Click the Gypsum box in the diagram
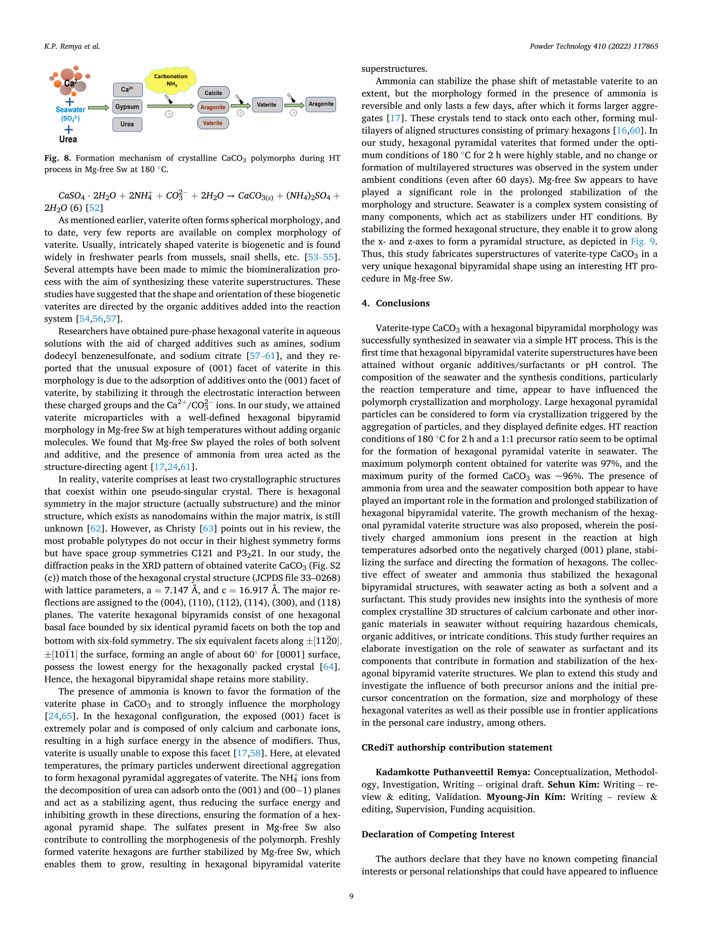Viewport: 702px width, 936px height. pos(127,107)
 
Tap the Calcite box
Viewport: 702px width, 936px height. pos(213,93)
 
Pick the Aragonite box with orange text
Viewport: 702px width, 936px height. pos(213,107)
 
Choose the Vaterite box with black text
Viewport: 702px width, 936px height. pos(267,105)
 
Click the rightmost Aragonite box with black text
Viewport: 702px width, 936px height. pos(321,104)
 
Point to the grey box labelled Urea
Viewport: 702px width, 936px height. pos(127,124)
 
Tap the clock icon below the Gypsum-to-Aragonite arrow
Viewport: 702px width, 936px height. pos(169,114)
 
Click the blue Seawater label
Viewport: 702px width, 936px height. pos(70,110)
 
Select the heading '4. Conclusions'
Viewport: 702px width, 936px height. pos(395,303)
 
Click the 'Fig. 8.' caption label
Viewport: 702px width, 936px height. pos(58,158)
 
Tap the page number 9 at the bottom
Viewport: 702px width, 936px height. pos(351,896)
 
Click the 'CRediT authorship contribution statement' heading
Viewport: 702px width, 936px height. pos(457,747)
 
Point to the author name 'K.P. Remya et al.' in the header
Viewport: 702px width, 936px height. pos(72,46)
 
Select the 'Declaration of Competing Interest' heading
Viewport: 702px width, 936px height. pos(438,834)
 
